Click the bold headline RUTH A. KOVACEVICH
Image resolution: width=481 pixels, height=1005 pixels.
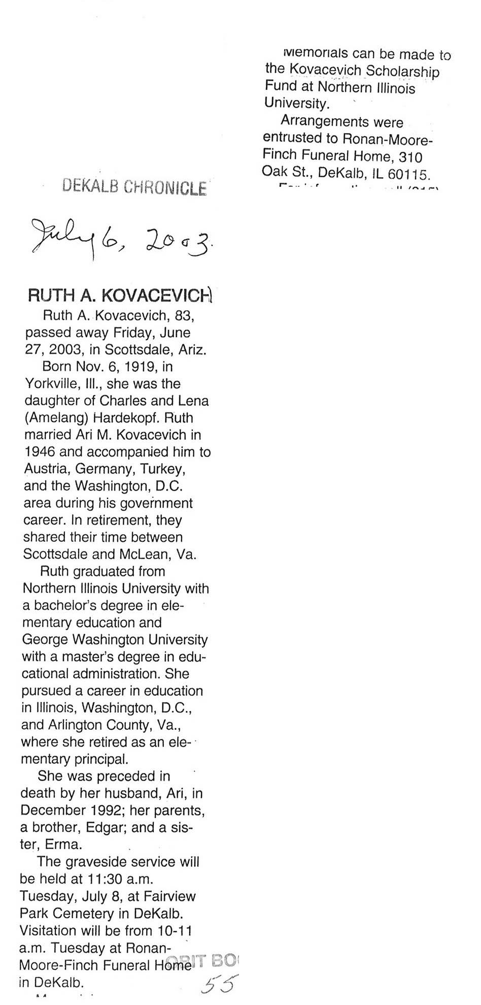tap(119, 296)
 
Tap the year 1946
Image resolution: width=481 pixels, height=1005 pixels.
tap(39, 452)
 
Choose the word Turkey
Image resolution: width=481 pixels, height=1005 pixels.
tap(159, 469)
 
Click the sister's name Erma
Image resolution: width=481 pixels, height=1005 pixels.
tap(63, 845)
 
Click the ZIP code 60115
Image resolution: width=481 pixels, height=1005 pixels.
tap(408, 174)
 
